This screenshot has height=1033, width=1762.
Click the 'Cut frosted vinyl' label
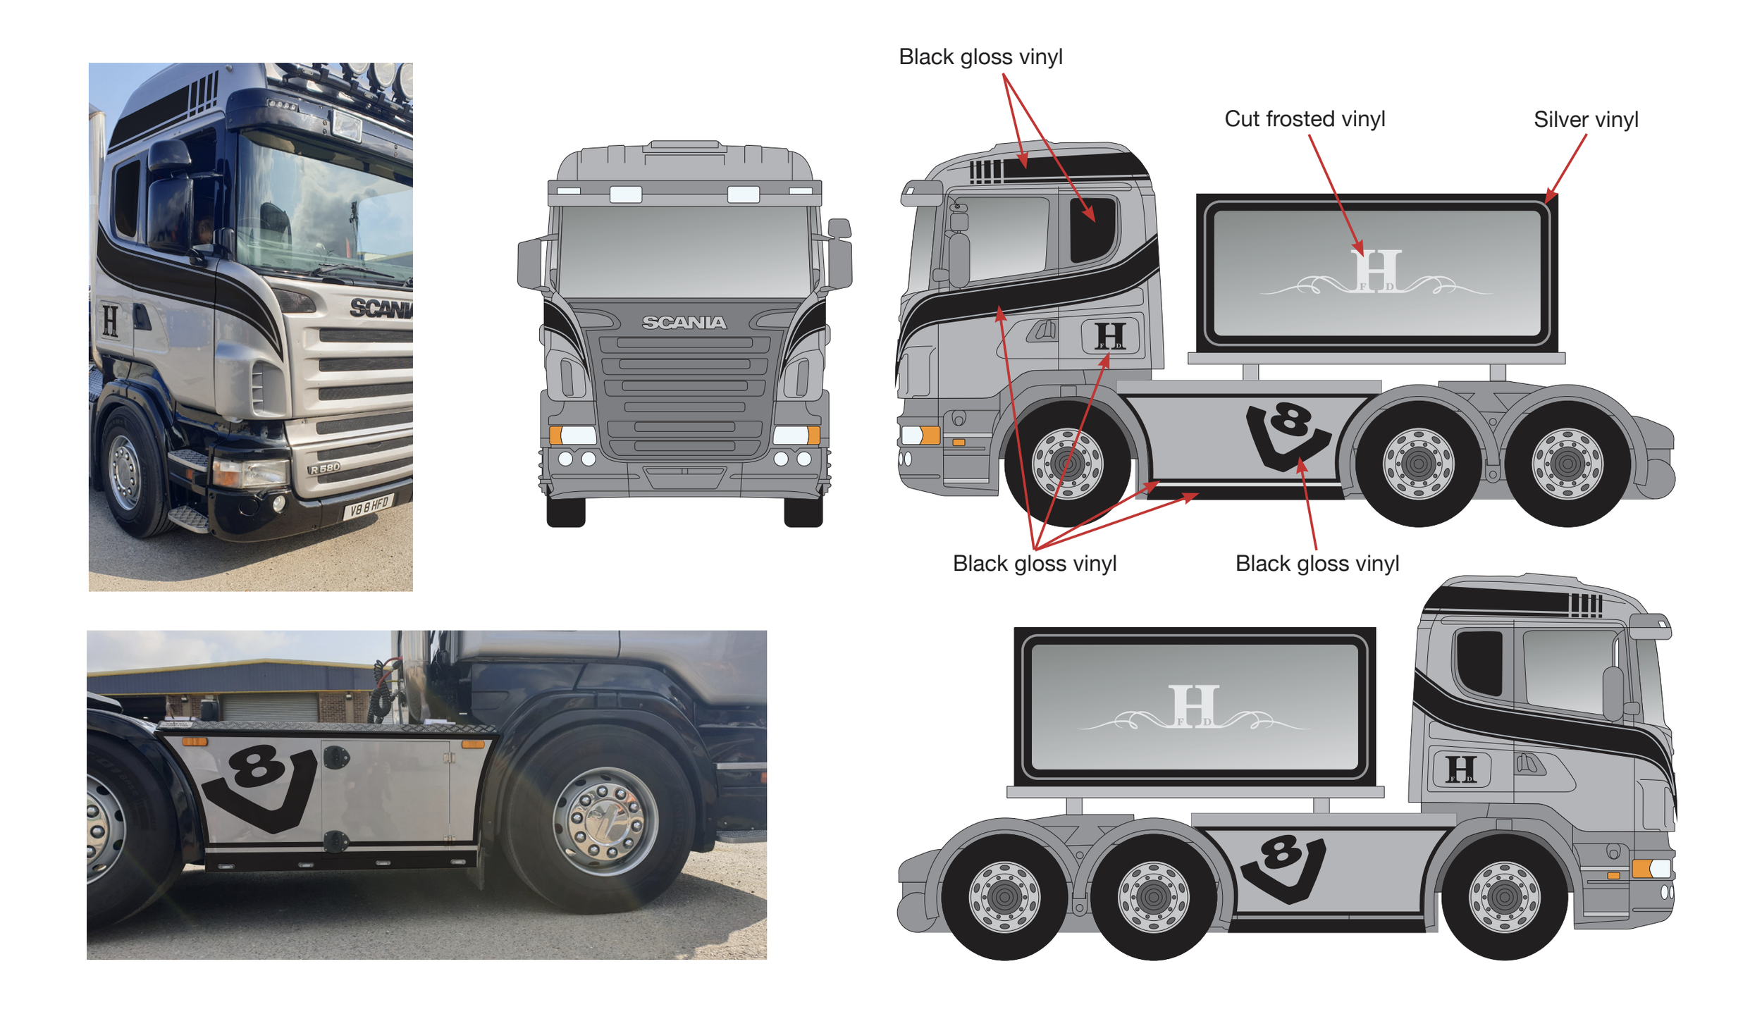pos(1305,118)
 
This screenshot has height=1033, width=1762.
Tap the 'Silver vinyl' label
pos(1586,119)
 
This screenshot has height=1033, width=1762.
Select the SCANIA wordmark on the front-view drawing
pos(684,323)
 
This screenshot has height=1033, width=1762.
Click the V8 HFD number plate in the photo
pos(369,505)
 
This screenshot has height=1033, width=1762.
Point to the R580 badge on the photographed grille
pos(325,468)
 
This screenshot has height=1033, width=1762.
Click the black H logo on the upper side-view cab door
pos(1110,336)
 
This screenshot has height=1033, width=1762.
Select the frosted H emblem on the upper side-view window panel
pos(1376,271)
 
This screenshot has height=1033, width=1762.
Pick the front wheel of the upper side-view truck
pos(1067,463)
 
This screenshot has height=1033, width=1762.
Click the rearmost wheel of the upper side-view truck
pos(1567,463)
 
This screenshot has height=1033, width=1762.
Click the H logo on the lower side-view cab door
pos(1460,769)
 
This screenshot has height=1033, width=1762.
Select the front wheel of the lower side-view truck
pos(1504,896)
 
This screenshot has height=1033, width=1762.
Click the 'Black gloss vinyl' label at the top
pos(980,56)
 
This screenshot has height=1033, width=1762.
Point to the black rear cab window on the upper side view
pos(1092,230)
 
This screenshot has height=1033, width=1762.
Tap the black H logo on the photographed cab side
pos(110,320)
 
